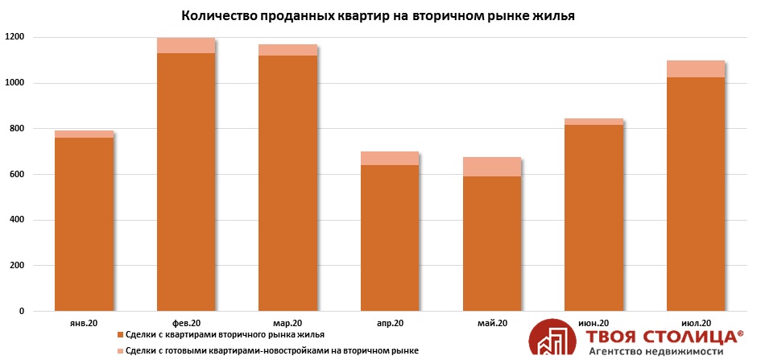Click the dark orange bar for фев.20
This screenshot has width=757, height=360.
(185, 182)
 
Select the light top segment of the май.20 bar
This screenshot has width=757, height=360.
(491, 167)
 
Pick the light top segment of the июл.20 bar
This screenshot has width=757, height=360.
(695, 68)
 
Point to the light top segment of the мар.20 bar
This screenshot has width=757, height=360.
(287, 50)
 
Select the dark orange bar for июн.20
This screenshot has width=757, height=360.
(593, 217)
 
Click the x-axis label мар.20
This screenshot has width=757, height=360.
(287, 323)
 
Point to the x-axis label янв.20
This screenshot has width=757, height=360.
(84, 323)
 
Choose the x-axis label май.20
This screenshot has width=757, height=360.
(491, 323)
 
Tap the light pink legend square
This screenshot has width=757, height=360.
(120, 350)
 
